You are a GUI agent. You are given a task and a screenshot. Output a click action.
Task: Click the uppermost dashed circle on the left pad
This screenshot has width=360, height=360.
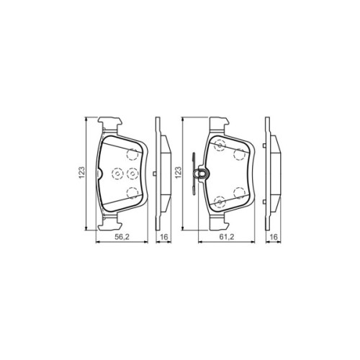(x=130, y=154)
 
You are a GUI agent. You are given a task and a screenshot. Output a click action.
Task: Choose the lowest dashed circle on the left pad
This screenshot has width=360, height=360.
(x=131, y=192)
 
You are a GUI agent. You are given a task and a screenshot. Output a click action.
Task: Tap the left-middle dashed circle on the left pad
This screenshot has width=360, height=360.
(x=117, y=173)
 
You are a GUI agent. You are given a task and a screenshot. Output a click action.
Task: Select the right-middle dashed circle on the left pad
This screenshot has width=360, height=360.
(x=132, y=173)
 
